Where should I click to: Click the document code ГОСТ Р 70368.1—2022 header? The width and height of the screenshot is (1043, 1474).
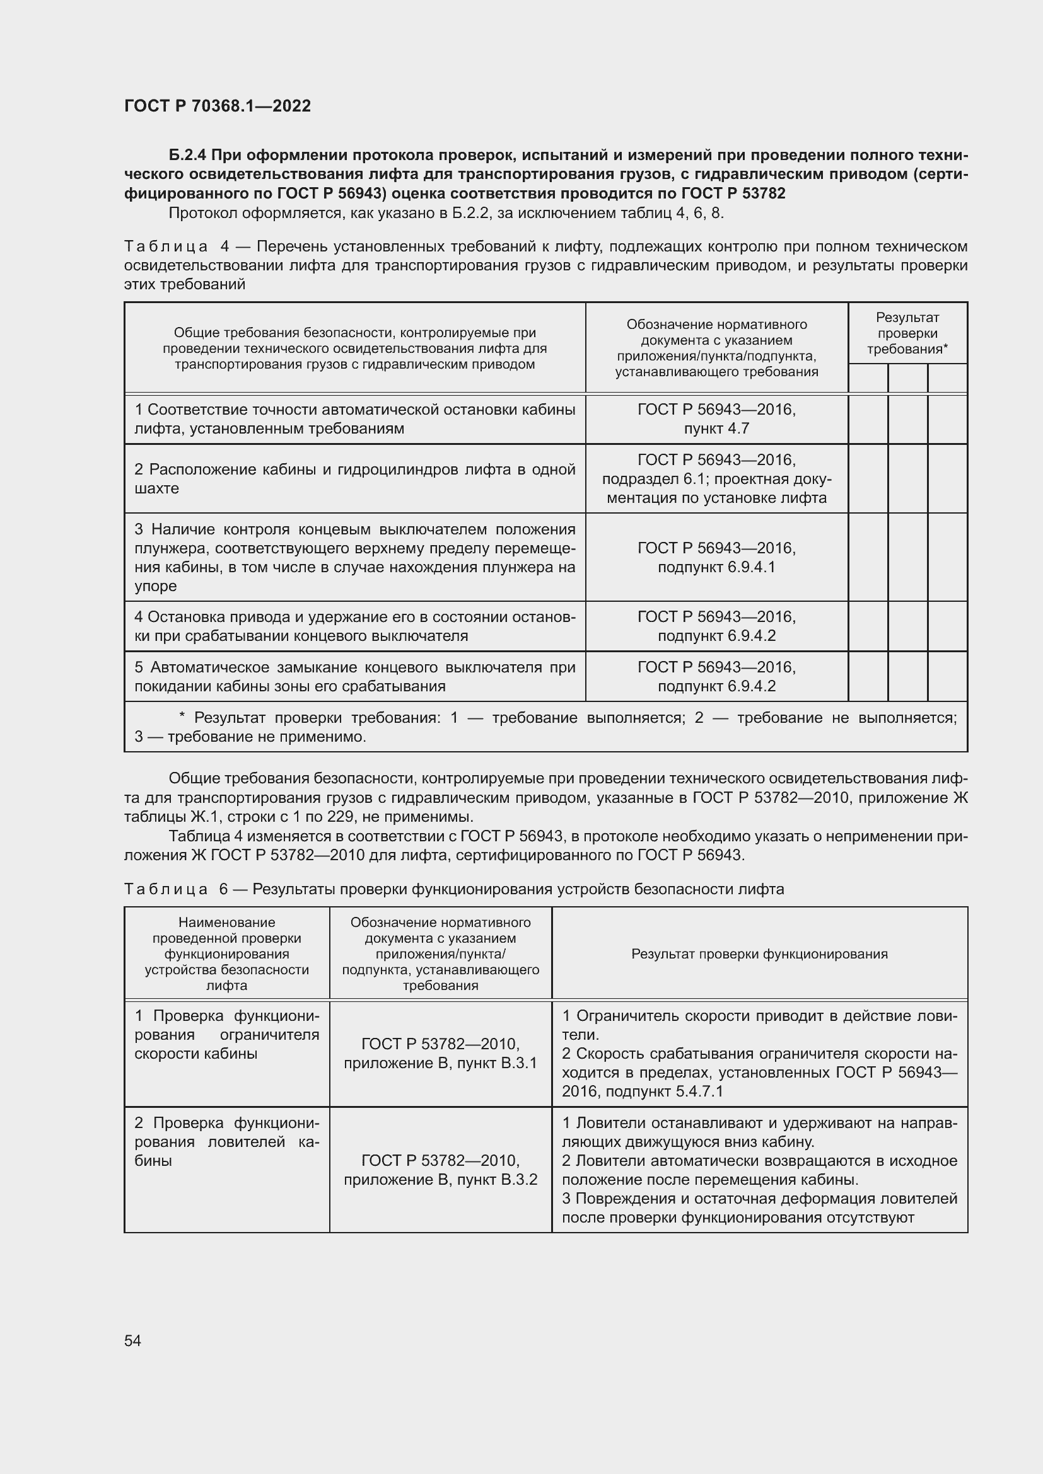tap(217, 107)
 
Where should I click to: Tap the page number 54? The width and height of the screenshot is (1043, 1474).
tap(132, 1340)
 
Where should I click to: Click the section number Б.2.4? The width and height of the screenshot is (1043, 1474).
tap(187, 156)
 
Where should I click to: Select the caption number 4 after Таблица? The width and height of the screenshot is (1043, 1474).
tap(224, 246)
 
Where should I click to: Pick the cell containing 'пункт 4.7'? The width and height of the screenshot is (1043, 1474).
tap(716, 428)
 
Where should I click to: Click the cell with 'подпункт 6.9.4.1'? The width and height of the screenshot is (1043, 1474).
tap(716, 567)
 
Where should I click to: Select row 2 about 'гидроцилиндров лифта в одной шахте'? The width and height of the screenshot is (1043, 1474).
tap(354, 479)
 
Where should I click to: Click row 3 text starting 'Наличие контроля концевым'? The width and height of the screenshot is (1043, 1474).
tap(354, 557)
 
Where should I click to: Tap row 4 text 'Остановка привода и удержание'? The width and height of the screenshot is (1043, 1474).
tap(354, 626)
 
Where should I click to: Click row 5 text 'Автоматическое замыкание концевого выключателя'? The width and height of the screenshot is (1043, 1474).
tap(354, 677)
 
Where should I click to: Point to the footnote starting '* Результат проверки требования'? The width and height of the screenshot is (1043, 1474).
tap(546, 727)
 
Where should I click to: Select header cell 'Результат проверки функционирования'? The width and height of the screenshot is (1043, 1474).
tap(759, 954)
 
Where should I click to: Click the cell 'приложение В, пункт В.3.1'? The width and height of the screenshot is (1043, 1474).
tap(441, 1063)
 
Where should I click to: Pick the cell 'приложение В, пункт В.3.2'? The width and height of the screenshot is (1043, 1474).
tap(441, 1179)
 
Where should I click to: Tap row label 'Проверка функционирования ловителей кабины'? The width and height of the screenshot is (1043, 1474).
tap(227, 1142)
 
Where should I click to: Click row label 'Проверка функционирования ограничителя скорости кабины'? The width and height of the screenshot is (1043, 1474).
tap(227, 1035)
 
